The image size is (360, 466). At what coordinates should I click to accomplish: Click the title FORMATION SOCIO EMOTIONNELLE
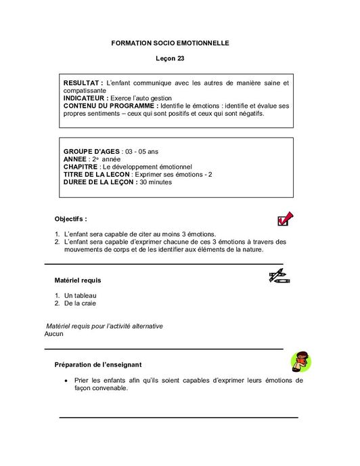170,43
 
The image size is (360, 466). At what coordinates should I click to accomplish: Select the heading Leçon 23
170,59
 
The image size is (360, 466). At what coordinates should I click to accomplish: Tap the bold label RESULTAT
83,83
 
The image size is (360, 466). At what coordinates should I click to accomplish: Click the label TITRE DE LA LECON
96,174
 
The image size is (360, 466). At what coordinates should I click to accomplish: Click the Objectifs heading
70,219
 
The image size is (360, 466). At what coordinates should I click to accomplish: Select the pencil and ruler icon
279,276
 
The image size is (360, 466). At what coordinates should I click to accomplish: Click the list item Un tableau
81,295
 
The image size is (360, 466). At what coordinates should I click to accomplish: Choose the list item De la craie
81,303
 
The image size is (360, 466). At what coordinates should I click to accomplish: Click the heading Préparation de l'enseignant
97,364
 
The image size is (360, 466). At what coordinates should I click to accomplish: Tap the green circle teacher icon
300,362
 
